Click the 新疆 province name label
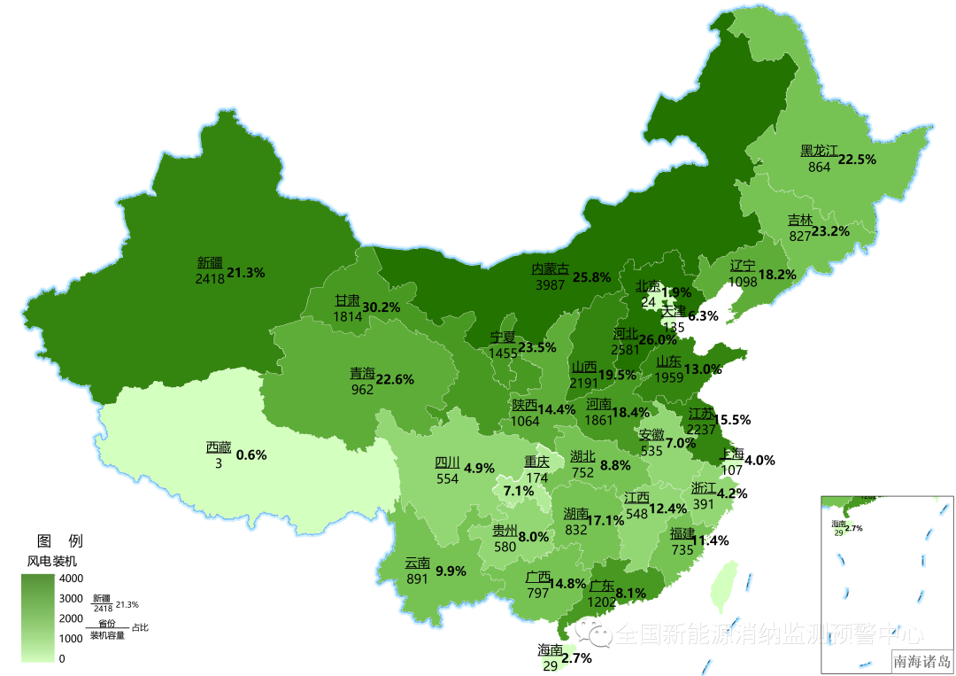tap(210, 263)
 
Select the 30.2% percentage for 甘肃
tap(382, 307)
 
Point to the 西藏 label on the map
tap(219, 447)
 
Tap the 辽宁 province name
tap(743, 266)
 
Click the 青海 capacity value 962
tap(361, 389)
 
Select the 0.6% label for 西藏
tap(251, 455)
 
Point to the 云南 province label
tap(417, 563)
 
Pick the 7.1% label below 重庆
tap(518, 491)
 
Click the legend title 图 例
tap(59, 540)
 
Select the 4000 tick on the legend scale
tap(71, 579)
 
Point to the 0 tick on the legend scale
tap(61, 658)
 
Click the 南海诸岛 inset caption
tap(921, 661)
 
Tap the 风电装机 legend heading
tap(51, 561)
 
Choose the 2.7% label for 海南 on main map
tap(576, 658)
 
